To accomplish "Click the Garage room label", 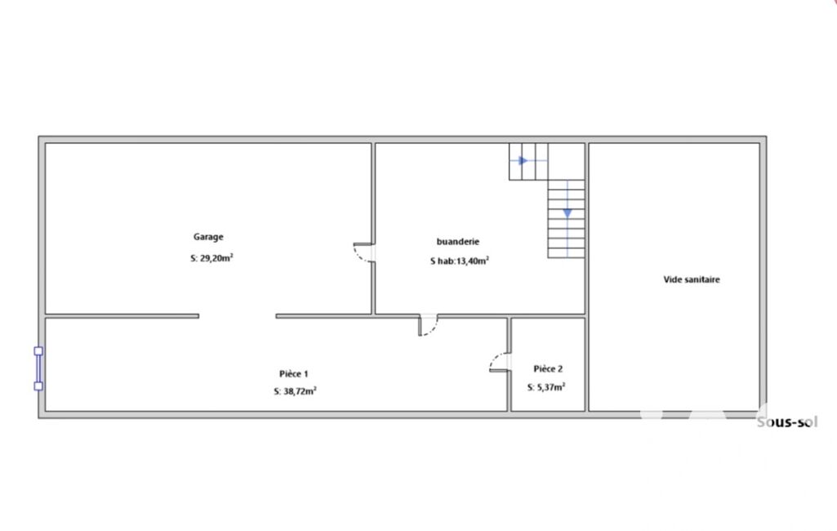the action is (x=208, y=237).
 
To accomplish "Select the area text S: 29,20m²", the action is (x=212, y=257).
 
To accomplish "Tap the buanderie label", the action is (x=458, y=242).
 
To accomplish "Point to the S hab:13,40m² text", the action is (x=460, y=261).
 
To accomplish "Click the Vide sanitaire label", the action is (x=692, y=279).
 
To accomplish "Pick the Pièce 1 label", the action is (x=294, y=374).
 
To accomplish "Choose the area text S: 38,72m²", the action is (x=295, y=391).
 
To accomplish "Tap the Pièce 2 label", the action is (x=548, y=368).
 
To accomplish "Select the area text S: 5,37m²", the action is (x=546, y=386).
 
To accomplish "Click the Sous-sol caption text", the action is (x=787, y=422).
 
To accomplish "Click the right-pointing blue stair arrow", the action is (x=523, y=160).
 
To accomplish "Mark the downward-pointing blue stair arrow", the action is (x=568, y=214).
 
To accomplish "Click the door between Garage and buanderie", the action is (x=364, y=252).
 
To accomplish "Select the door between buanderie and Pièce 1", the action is (x=428, y=325).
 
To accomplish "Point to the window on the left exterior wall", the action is (x=38, y=368).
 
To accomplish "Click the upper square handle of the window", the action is (x=38, y=351).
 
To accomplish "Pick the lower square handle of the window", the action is (x=38, y=386).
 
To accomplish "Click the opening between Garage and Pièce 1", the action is (x=238, y=316).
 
